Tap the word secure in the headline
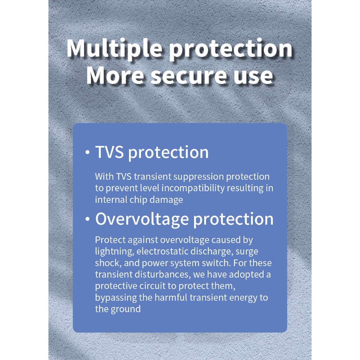pos(188,76)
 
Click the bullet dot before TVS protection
pos(87,152)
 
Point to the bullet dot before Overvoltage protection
pos(87,219)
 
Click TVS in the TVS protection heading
pos(110,152)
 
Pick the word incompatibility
pos(193,188)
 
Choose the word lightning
pos(115,252)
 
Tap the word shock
pos(108,263)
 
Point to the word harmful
pos(171,297)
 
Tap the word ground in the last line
pos(126,309)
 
